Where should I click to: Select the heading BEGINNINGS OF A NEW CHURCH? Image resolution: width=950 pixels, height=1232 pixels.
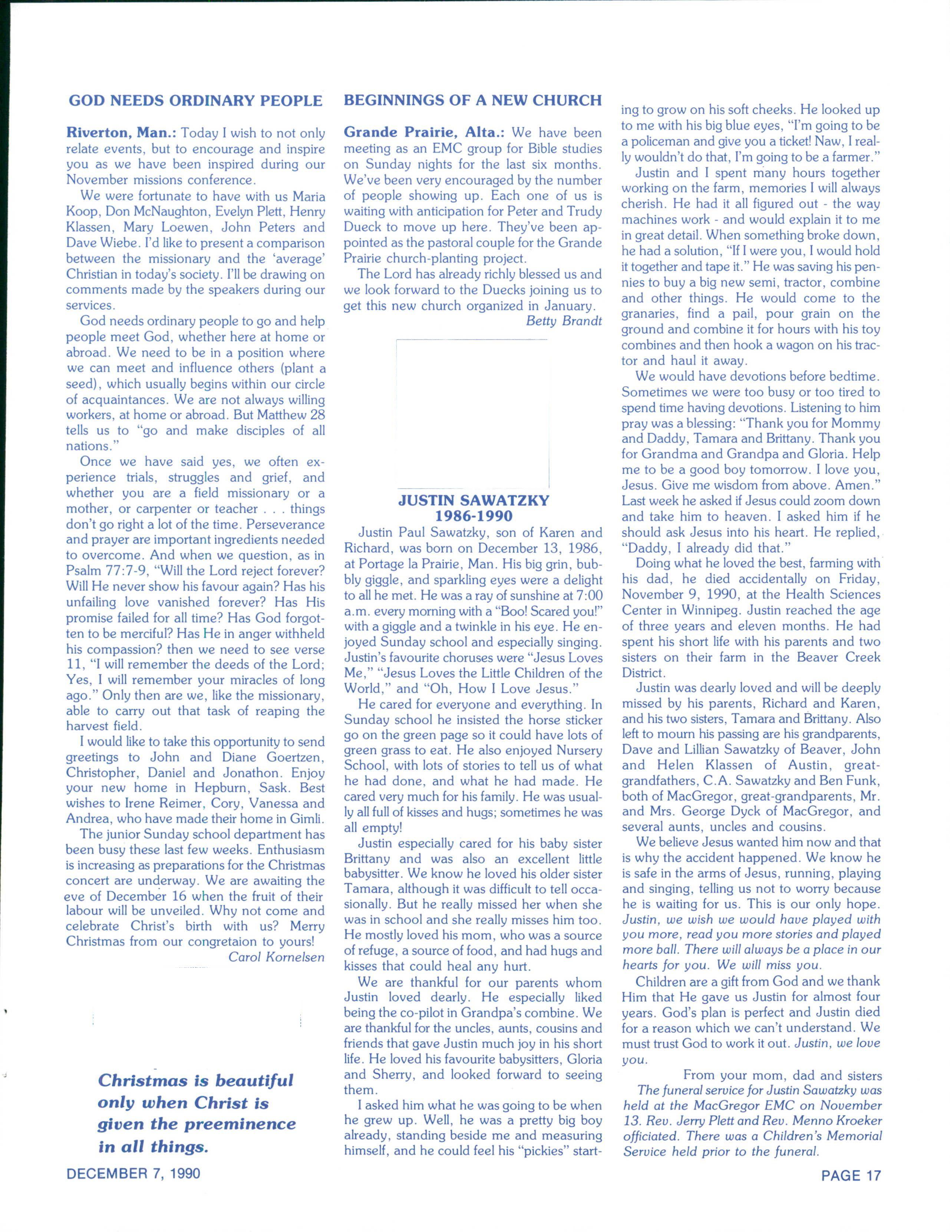coord(472,101)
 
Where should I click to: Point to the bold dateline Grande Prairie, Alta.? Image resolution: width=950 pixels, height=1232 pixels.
coord(423,133)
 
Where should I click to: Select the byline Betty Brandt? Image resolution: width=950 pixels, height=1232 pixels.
coord(563,321)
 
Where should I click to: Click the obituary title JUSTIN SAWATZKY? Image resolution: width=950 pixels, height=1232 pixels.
coord(474,500)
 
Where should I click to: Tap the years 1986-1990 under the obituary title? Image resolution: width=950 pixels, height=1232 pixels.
coord(474,515)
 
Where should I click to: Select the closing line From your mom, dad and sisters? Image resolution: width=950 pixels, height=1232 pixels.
coord(782,1075)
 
